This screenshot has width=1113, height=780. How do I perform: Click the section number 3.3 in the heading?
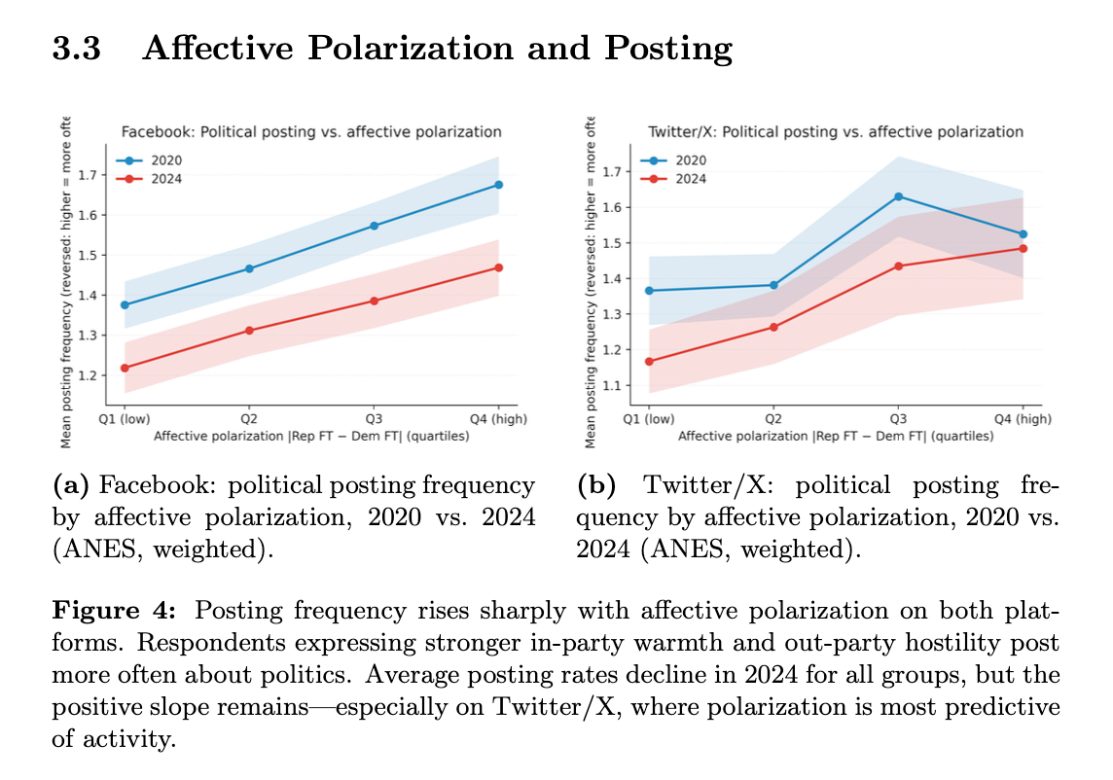click(x=77, y=48)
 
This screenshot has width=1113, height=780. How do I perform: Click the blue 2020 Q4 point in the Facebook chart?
click(x=498, y=185)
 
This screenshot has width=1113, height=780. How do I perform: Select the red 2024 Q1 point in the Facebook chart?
click(x=125, y=368)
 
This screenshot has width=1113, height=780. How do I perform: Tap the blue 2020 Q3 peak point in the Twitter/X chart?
click(x=898, y=196)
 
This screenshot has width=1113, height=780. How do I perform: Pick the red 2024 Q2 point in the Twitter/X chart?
click(x=773, y=327)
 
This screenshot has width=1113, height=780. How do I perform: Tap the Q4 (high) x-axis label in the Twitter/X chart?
click(x=1022, y=419)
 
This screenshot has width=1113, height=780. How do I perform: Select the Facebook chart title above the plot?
click(x=310, y=132)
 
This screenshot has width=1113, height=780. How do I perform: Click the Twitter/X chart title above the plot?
click(x=836, y=131)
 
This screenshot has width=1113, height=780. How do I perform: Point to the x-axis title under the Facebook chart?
click(x=310, y=437)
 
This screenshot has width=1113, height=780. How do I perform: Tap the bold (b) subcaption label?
click(x=595, y=485)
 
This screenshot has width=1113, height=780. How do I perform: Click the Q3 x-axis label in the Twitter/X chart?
click(x=898, y=419)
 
